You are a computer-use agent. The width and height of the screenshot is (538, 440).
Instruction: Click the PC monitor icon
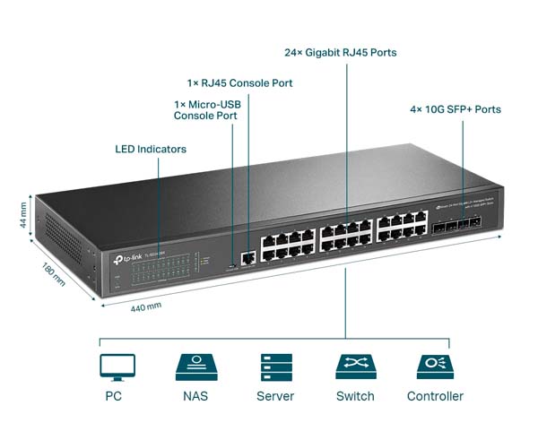[x=117, y=367]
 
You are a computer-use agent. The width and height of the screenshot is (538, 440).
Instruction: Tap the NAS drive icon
[x=196, y=367]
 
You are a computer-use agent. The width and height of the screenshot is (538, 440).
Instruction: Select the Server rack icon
[x=275, y=367]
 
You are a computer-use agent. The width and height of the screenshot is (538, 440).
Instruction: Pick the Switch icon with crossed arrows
[x=355, y=367]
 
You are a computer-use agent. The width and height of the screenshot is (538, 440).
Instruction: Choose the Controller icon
[x=435, y=367]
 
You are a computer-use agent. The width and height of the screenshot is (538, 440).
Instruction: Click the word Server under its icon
[x=275, y=396]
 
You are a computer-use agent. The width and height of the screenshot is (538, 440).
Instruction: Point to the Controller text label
[x=435, y=396]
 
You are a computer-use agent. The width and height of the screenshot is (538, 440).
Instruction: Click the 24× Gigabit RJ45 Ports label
[x=340, y=53]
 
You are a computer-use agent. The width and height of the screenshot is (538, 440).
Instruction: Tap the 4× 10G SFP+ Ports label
[x=456, y=109]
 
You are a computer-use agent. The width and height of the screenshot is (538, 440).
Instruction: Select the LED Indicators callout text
[x=151, y=148]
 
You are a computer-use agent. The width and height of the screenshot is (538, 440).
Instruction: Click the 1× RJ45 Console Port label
[x=239, y=83]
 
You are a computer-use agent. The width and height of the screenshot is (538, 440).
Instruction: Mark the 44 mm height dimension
[x=24, y=214]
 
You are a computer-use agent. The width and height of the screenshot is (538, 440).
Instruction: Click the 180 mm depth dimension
[x=53, y=273]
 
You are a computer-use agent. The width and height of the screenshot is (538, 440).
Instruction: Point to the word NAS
[x=196, y=396]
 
